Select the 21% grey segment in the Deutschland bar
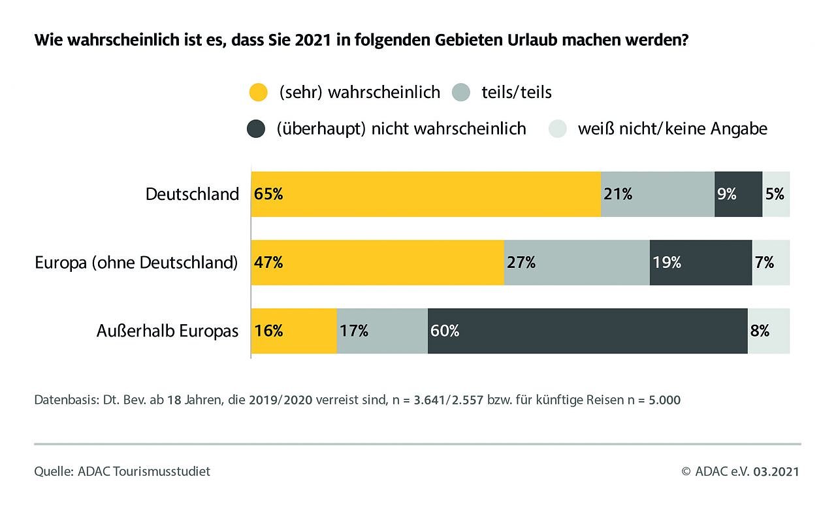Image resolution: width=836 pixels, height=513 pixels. click(658, 194)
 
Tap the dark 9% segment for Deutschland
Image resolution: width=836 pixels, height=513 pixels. click(738, 194)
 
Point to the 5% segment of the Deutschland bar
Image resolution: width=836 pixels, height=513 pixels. click(776, 194)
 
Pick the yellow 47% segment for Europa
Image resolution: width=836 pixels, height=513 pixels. click(378, 263)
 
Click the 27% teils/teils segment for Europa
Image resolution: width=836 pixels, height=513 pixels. click(577, 263)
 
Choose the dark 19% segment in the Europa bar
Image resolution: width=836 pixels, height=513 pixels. click(701, 263)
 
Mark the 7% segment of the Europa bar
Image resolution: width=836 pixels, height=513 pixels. click(771, 263)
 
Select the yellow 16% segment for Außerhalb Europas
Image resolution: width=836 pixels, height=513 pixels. click(294, 331)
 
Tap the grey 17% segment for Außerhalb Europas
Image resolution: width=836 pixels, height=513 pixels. click(382, 331)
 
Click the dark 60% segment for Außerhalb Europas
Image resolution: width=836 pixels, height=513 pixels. click(587, 331)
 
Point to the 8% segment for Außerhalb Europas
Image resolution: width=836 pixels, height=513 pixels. click(769, 331)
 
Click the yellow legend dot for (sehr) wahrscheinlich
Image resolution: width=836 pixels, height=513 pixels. click(259, 92)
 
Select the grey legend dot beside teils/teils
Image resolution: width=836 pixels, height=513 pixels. click(460, 92)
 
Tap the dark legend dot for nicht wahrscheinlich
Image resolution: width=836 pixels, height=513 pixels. click(256, 129)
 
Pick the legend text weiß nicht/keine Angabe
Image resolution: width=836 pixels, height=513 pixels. click(672, 129)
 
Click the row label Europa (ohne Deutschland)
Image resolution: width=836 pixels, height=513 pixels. click(136, 263)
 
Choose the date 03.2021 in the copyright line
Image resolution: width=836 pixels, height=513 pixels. click(776, 471)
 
